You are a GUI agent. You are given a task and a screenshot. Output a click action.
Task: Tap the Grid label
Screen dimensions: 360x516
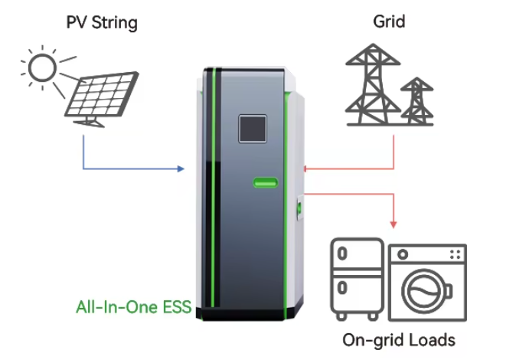tap(389, 22)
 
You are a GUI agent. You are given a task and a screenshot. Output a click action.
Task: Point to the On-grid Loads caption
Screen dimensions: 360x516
tap(398, 339)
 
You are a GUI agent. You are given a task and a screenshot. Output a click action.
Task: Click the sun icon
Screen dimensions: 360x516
tap(42, 69)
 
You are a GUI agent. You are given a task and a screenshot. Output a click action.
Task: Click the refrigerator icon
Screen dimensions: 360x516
tap(355, 280)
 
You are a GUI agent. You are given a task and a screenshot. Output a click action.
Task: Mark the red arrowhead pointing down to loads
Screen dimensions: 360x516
tap(394, 224)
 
